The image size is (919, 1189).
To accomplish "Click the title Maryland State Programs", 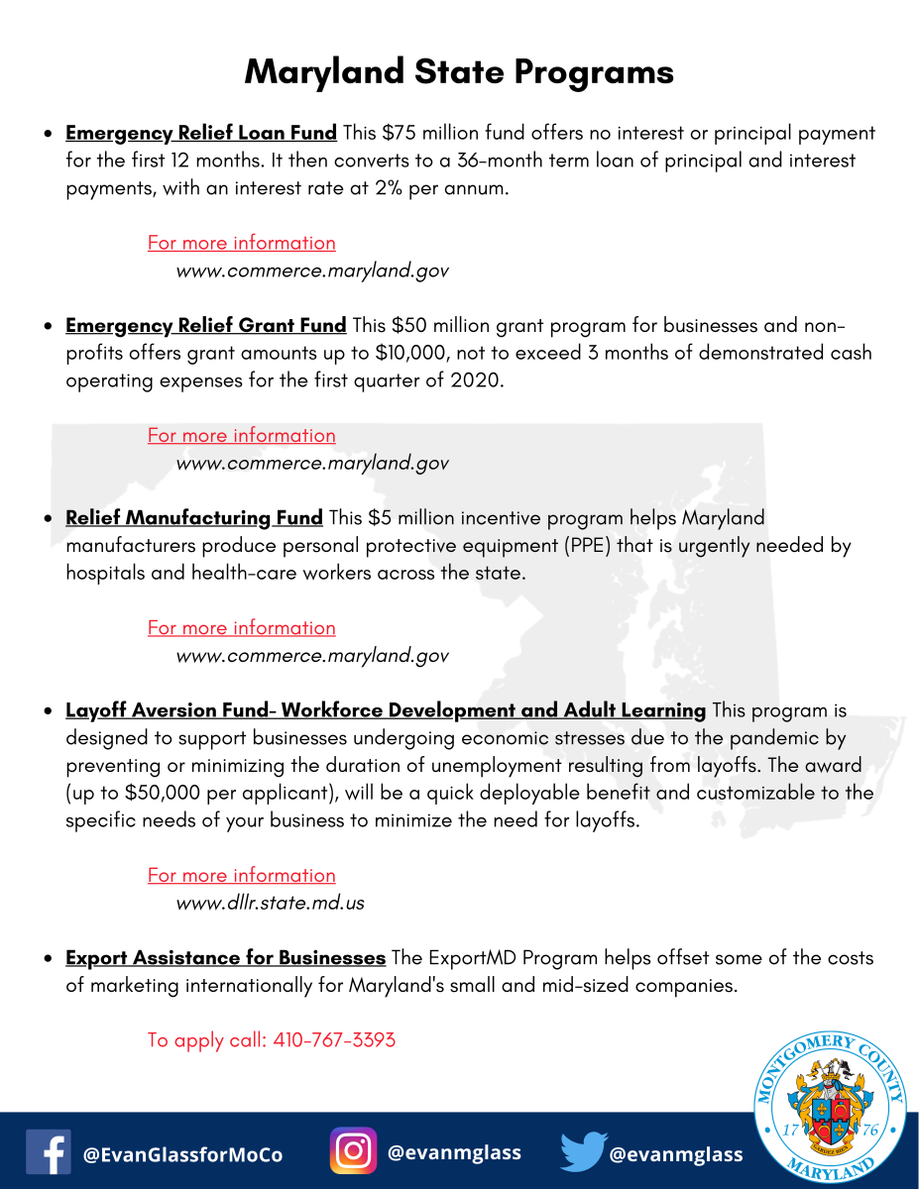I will click(x=459, y=72).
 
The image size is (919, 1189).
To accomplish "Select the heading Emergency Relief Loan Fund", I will click(x=201, y=133).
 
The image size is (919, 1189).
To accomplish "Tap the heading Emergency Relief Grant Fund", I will click(x=205, y=325).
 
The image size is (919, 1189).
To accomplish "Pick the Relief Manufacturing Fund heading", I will click(x=194, y=517).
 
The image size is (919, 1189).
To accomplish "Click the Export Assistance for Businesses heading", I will click(x=225, y=958).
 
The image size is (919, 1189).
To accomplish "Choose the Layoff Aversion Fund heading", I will click(x=385, y=710).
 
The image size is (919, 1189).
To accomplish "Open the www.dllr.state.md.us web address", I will click(x=271, y=903).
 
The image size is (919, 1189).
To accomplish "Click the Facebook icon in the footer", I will click(x=49, y=1152).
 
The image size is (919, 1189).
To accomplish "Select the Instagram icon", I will click(x=353, y=1151).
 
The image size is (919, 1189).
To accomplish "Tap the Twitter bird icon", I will click(x=583, y=1152).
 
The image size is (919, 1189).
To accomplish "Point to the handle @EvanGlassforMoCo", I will click(x=182, y=1155).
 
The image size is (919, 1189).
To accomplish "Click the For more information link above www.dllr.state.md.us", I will click(x=241, y=875).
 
